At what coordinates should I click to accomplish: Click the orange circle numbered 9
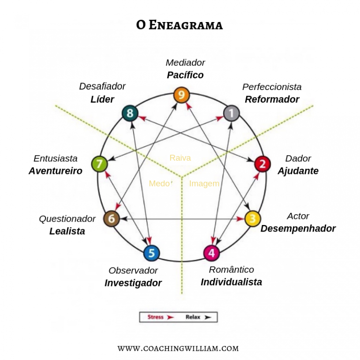click(x=181, y=95)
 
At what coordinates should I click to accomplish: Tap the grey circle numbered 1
click(x=231, y=112)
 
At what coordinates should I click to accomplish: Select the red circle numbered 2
click(x=262, y=164)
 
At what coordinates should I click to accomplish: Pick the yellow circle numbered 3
click(x=252, y=218)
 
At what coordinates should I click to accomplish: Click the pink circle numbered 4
click(x=211, y=253)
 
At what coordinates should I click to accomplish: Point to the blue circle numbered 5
click(x=151, y=253)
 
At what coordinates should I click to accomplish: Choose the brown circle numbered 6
click(x=112, y=218)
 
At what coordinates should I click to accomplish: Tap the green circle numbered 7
click(x=99, y=164)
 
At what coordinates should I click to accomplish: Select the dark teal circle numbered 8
click(x=130, y=112)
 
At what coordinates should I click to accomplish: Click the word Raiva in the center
click(x=180, y=158)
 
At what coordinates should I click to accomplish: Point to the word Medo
click(x=159, y=184)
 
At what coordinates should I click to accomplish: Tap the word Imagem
click(x=204, y=184)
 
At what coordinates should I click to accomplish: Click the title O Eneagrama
click(x=180, y=25)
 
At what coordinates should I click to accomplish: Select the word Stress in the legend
click(x=156, y=317)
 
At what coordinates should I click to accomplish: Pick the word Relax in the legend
click(x=193, y=317)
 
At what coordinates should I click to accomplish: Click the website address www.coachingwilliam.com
click(x=178, y=348)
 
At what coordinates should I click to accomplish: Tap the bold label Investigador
click(x=133, y=283)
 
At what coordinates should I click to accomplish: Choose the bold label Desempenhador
click(x=298, y=229)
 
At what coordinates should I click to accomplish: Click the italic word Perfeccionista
click(x=272, y=87)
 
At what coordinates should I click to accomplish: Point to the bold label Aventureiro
click(x=55, y=171)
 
